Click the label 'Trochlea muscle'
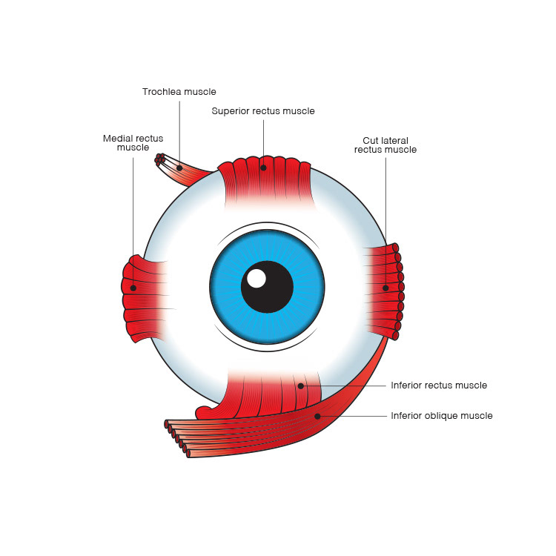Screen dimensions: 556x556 pos(179,92)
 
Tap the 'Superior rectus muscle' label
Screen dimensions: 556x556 pos(263,111)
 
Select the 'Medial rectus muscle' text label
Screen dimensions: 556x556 pos(133,143)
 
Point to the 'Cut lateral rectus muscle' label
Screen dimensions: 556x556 pos(385,145)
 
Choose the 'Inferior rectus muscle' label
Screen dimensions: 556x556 pos(439,385)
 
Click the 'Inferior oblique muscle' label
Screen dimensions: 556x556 pos(441,416)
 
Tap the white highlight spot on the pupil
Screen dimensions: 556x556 pos(257,279)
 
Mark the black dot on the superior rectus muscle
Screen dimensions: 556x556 pos(263,168)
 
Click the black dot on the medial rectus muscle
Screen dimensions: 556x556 pos(133,288)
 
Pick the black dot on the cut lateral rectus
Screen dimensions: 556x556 pos(385,288)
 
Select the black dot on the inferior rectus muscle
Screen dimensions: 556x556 pos(301,385)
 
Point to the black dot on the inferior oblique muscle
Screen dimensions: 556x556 pos(317,416)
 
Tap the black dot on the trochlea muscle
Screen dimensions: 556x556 pos(179,168)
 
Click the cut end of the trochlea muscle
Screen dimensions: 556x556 pos(159,159)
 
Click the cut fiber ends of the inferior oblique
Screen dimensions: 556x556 pos(176,436)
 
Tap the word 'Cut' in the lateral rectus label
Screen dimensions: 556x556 pos(371,139)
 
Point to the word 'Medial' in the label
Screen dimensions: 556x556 pos(116,138)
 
